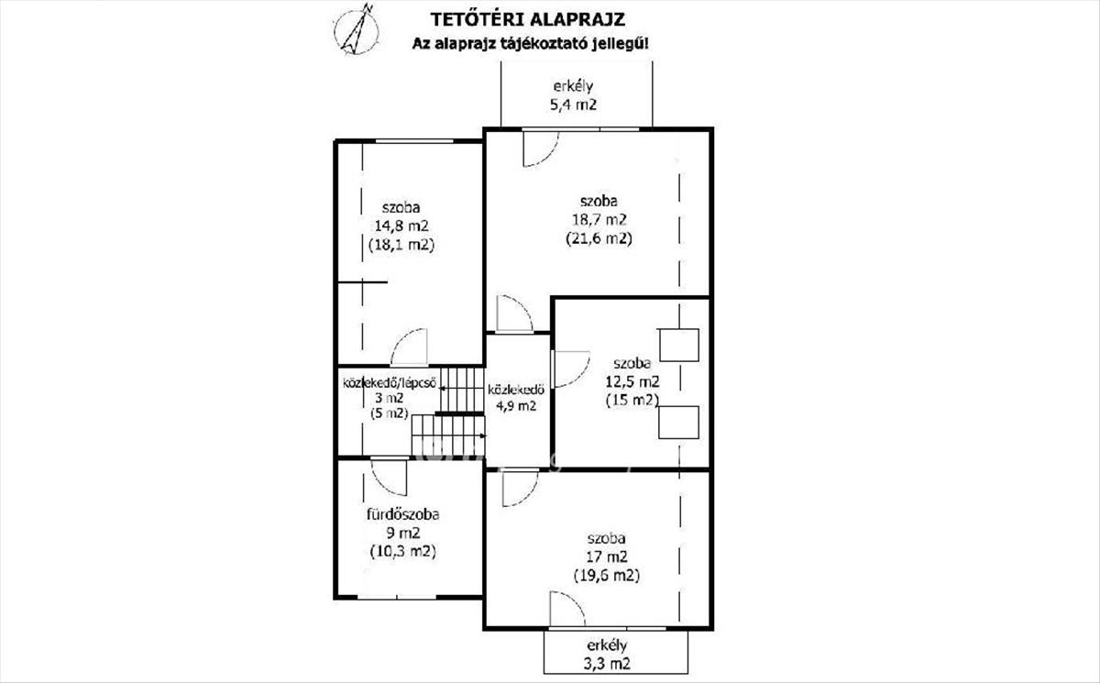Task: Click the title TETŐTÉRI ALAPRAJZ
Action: coord(531,18)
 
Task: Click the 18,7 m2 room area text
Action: coord(599,219)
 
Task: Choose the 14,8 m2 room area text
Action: coord(401,226)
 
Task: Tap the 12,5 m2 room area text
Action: coord(632,381)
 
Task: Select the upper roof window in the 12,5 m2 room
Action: coord(680,345)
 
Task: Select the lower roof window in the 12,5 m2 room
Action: coord(679,422)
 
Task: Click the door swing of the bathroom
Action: coord(390,476)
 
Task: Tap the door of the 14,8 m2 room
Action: coord(410,348)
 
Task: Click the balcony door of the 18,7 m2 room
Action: coord(540,149)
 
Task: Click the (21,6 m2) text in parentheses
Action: coord(599,238)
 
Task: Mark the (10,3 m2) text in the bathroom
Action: coord(402,552)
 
